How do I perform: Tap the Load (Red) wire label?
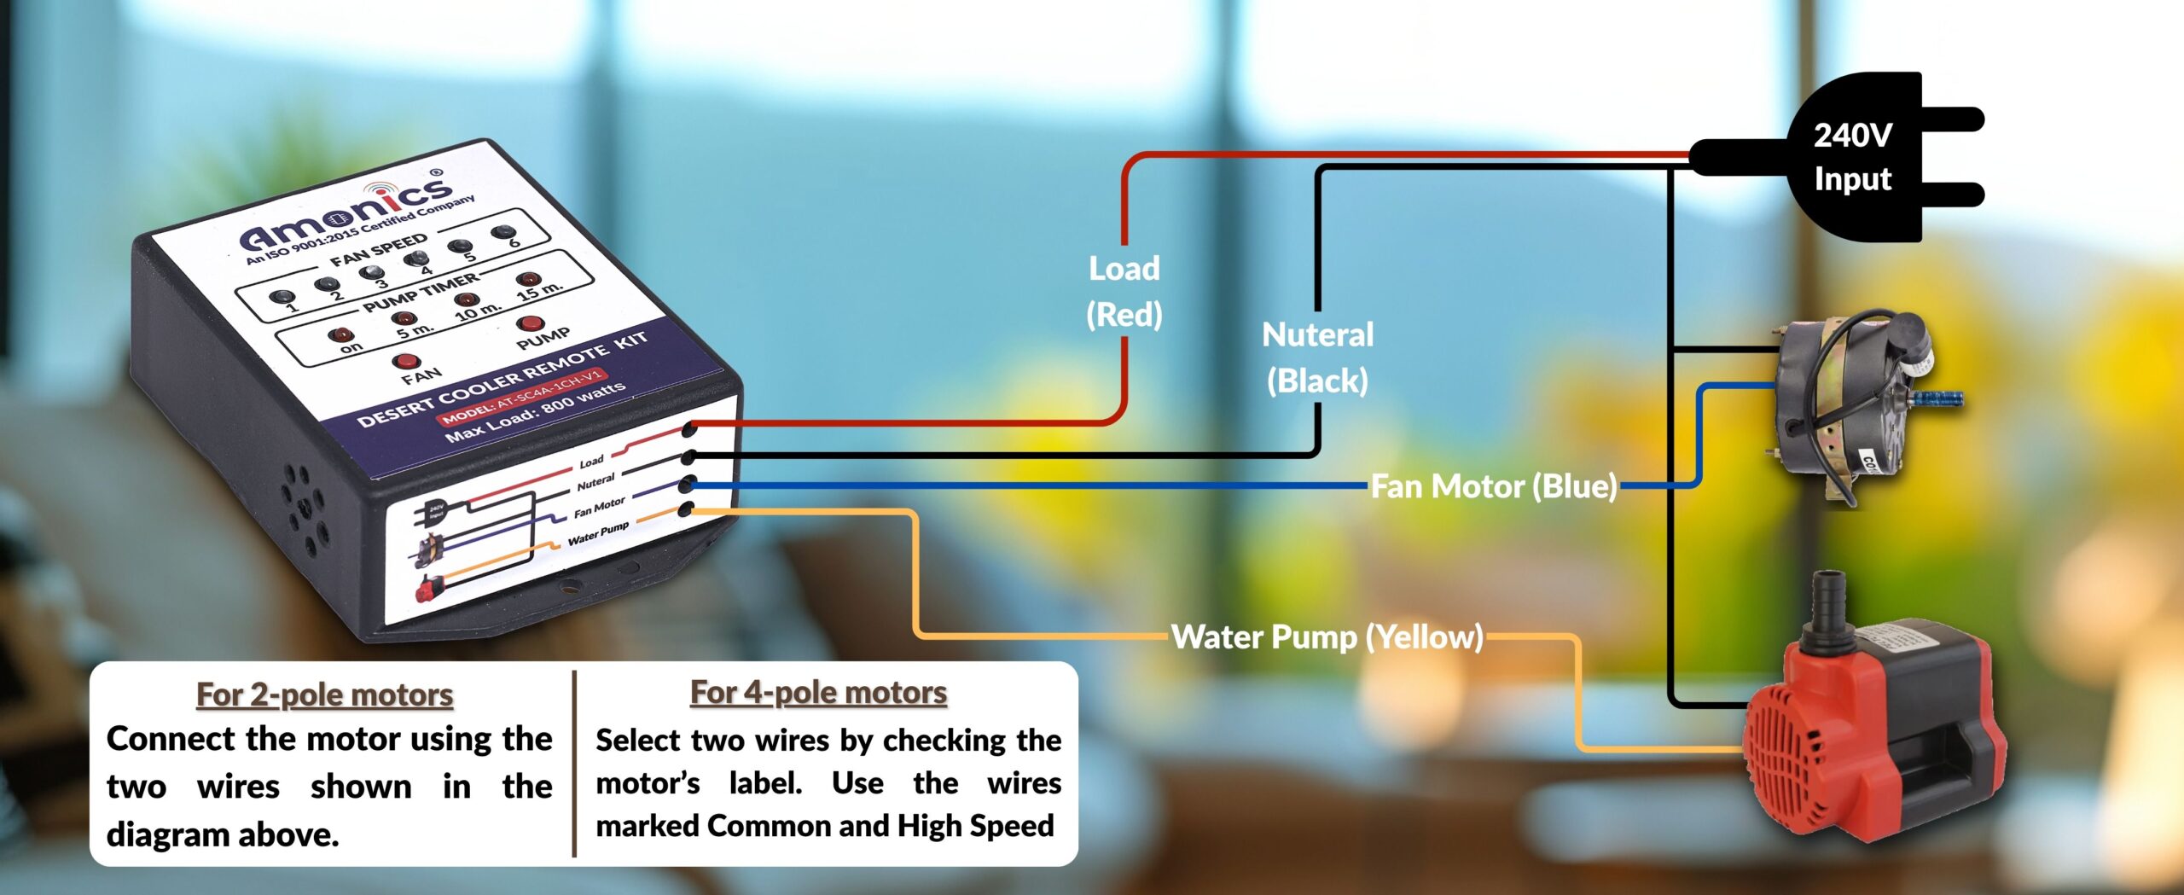pos(1124,291)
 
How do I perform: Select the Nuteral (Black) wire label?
pos(1317,357)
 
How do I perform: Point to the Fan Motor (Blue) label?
pos(1493,486)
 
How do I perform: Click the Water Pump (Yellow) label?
pos(1327,636)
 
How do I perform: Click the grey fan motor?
pos(1851,401)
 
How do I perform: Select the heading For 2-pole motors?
pos(324,694)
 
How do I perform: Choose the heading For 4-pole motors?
pos(818,692)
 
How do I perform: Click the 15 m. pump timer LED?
pos(528,279)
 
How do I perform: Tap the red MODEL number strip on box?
pos(522,397)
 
